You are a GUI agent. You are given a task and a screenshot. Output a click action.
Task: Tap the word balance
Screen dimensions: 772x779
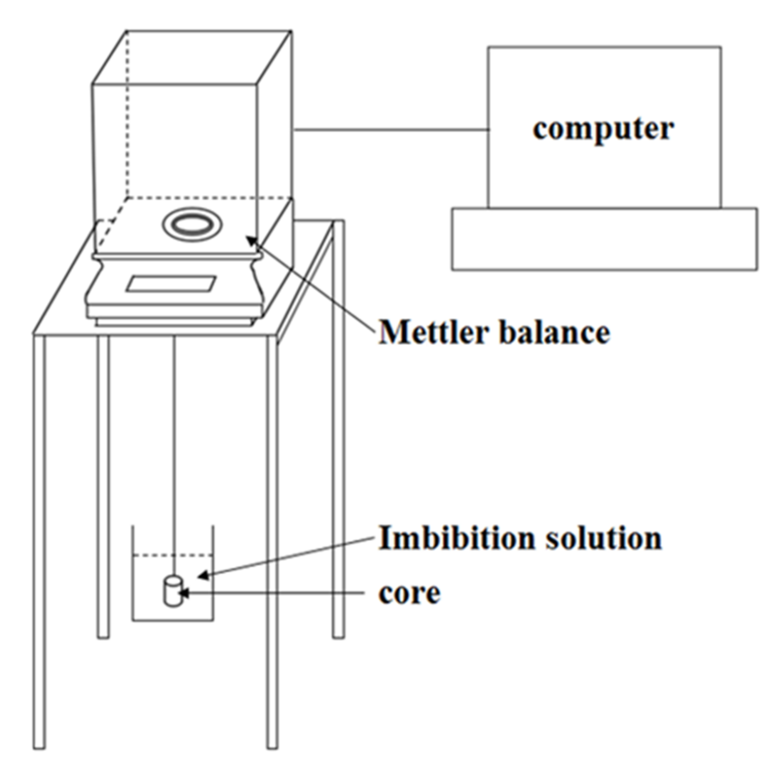click(554, 333)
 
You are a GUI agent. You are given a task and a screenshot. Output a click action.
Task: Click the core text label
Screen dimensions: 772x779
click(409, 593)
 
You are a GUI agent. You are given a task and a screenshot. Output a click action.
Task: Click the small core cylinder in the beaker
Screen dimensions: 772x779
click(172, 591)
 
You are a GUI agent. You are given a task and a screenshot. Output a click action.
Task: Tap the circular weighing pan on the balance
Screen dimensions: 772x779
click(192, 224)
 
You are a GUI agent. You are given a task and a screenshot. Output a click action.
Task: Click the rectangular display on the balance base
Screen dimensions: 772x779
click(171, 283)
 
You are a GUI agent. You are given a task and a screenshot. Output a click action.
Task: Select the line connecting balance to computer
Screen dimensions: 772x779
click(390, 130)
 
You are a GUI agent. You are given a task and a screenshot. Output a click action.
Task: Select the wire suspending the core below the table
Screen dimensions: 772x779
click(174, 436)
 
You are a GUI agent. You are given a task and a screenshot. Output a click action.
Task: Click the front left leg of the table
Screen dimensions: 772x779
click(39, 540)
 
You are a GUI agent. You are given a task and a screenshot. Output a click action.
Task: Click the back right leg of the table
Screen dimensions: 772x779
click(338, 457)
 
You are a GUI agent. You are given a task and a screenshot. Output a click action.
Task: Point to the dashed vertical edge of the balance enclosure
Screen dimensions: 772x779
click(127, 116)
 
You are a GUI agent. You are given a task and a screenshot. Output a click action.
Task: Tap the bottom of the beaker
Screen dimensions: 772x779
click(173, 621)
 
